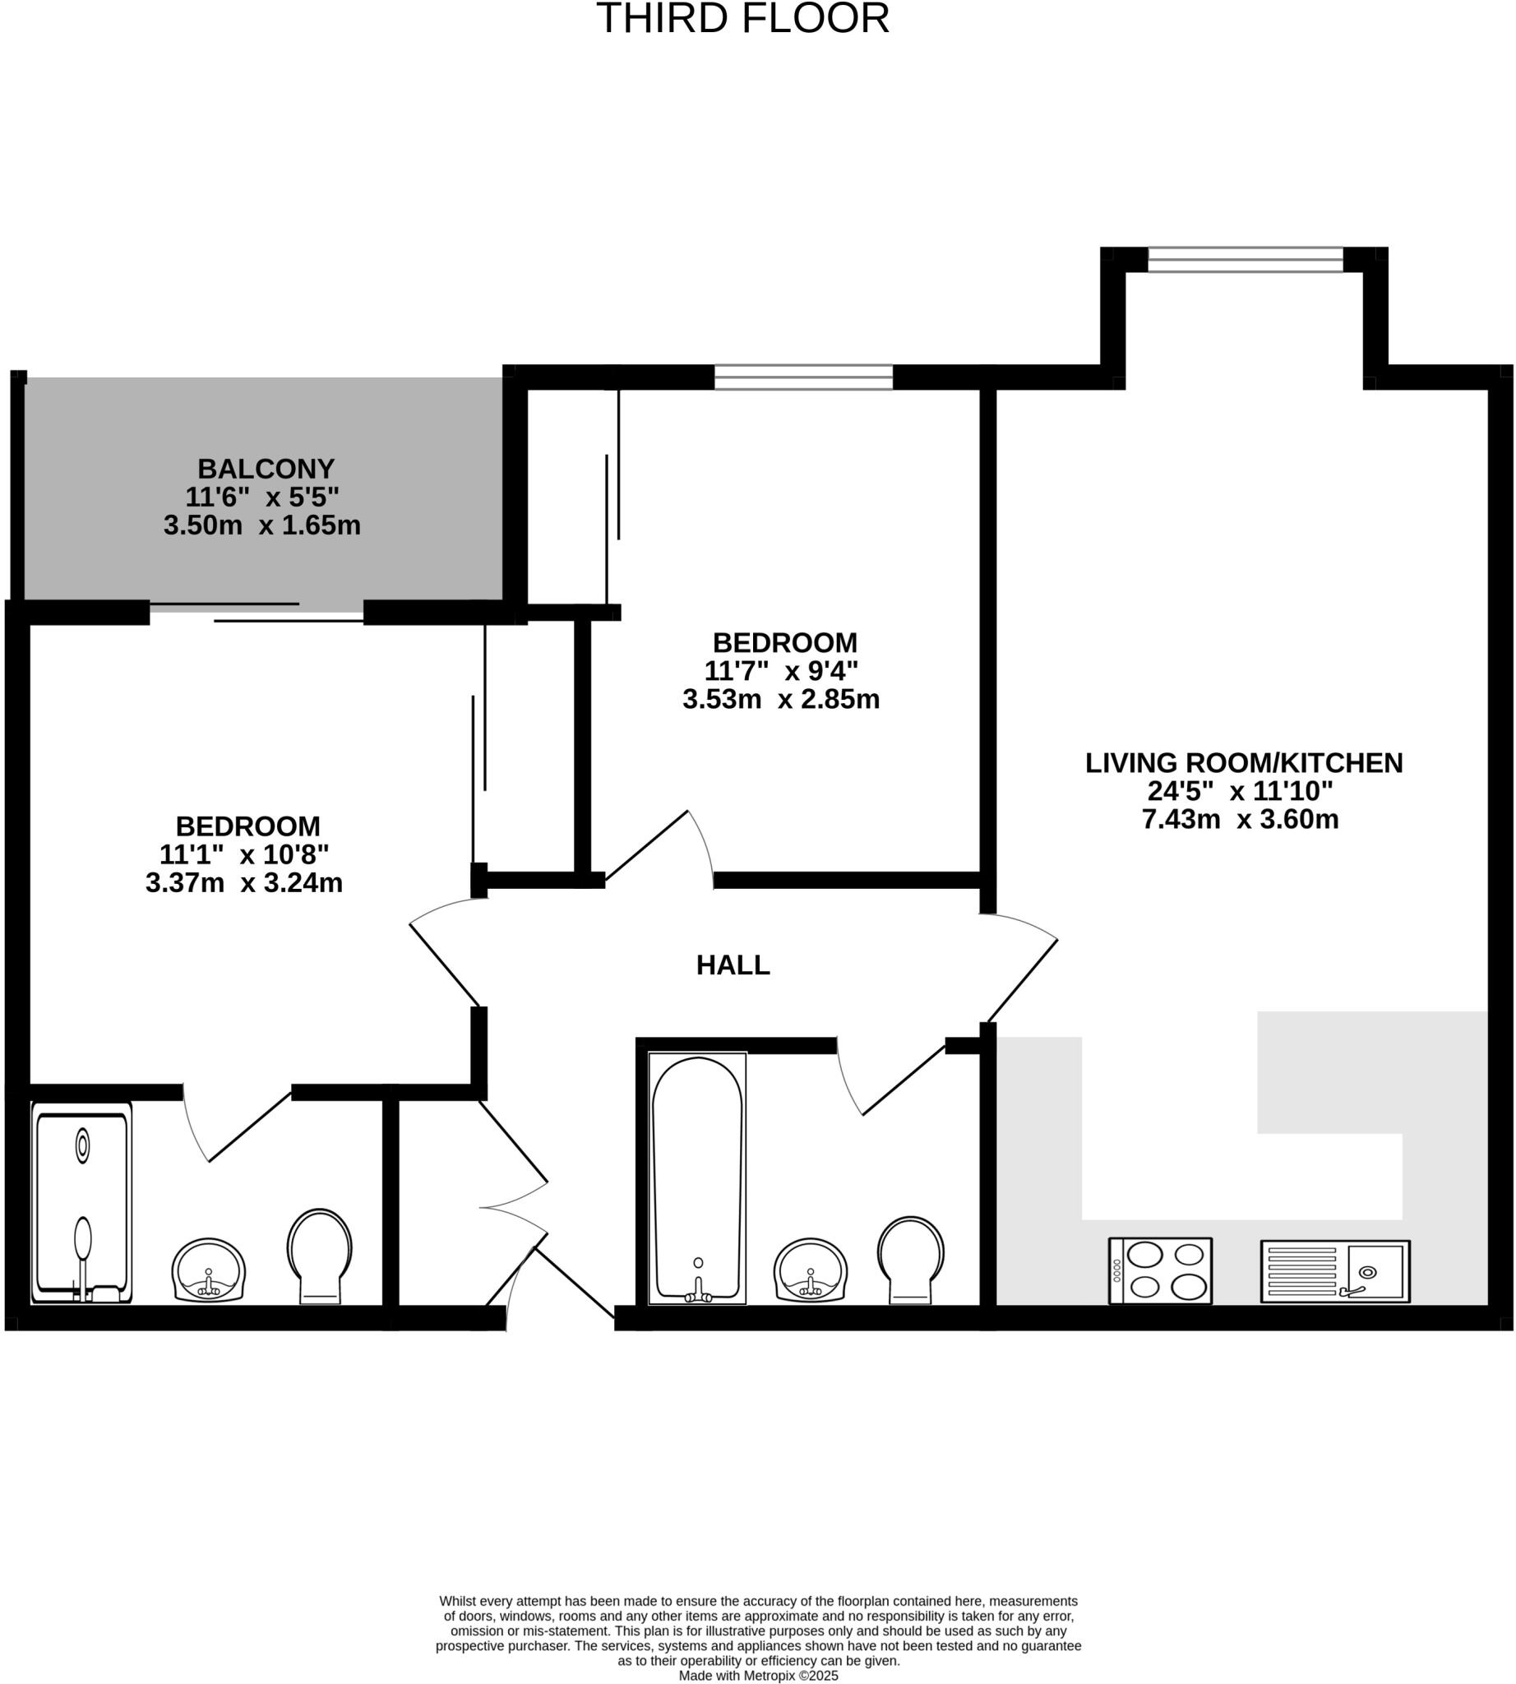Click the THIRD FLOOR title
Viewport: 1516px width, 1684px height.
click(x=742, y=18)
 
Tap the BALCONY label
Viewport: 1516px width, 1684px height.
click(x=266, y=469)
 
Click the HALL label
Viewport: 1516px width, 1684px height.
click(x=733, y=965)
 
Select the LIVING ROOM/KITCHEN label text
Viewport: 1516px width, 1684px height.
click(x=1244, y=762)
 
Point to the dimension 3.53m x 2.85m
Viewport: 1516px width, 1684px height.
click(x=780, y=699)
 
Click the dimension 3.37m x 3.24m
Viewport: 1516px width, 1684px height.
click(x=244, y=882)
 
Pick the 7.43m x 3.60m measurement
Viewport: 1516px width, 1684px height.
click(x=1240, y=819)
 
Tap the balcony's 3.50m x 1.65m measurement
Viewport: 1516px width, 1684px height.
click(x=261, y=525)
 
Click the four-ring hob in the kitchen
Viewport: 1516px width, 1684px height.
click(x=1159, y=1270)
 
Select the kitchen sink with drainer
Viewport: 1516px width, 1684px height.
click(x=1334, y=1270)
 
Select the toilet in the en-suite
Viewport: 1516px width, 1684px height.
click(x=320, y=1255)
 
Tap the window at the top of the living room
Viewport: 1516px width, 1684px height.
click(x=1246, y=259)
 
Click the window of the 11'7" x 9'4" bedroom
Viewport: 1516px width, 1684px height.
click(x=803, y=377)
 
